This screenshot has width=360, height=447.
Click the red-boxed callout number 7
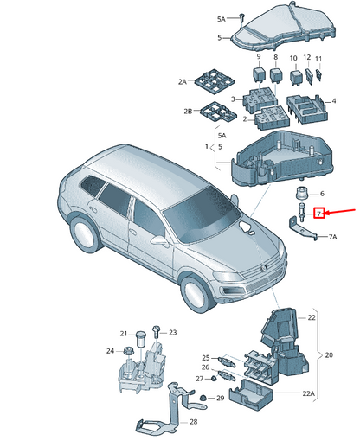click(x=319, y=214)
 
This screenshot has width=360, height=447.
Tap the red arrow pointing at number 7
click(x=340, y=212)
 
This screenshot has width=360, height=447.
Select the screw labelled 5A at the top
click(x=241, y=17)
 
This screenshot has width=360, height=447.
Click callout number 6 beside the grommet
click(x=322, y=194)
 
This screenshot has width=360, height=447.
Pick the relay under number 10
click(x=296, y=77)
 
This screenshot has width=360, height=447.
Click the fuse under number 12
click(x=310, y=76)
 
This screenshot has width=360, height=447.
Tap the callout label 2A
click(x=182, y=82)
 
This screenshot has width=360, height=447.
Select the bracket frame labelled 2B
click(x=218, y=112)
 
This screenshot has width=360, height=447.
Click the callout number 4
click(x=334, y=101)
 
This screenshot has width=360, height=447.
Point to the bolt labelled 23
click(x=156, y=331)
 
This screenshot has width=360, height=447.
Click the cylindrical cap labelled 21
click(x=141, y=339)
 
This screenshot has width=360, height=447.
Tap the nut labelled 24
click(x=127, y=352)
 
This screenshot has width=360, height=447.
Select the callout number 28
click(x=194, y=422)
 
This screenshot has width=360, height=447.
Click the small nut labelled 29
click(x=203, y=398)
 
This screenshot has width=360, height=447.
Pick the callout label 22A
click(x=308, y=393)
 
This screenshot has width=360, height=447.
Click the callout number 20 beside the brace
click(x=329, y=355)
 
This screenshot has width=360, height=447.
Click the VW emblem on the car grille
click(x=263, y=268)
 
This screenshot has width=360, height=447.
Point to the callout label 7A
click(x=332, y=237)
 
